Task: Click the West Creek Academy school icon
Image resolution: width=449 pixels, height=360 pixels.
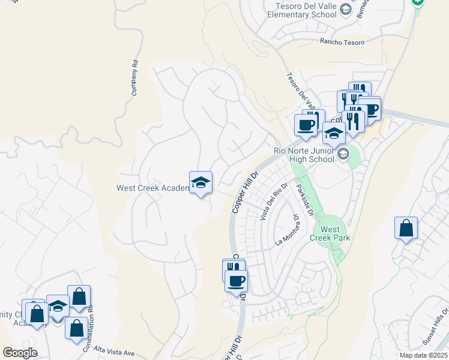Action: [200, 183]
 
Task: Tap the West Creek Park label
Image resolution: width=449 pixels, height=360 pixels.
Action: [330, 233]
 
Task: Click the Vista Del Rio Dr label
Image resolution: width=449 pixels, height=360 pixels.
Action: [271, 201]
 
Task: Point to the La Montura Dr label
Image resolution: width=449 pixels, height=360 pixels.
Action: [287, 231]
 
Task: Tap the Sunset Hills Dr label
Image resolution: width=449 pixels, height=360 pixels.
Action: [435, 329]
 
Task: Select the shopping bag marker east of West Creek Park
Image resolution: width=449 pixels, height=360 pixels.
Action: [406, 229]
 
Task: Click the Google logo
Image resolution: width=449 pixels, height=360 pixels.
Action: [20, 353]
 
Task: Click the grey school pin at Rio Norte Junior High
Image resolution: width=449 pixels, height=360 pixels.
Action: [343, 154]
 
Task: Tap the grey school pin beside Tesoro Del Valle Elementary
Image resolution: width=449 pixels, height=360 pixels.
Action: [345, 9]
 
